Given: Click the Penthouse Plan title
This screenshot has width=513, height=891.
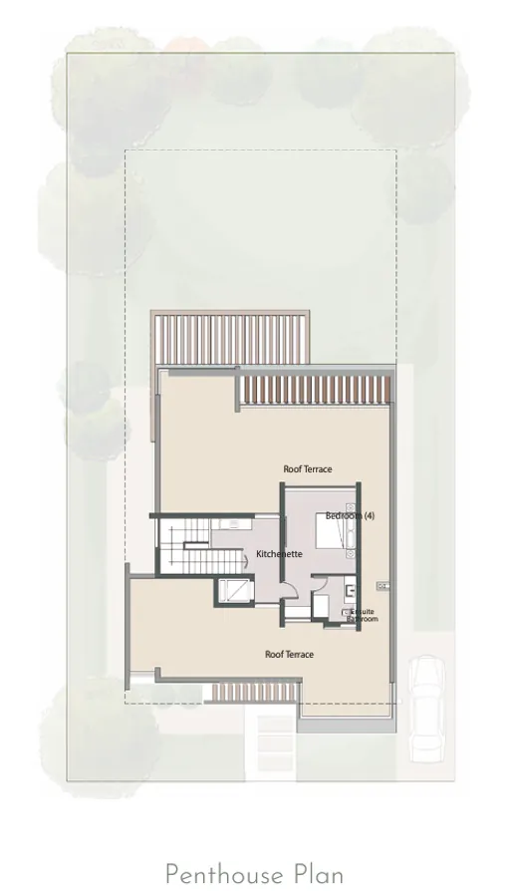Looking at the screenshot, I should click(255, 874).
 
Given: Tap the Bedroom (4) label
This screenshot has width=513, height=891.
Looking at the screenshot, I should click(350, 515).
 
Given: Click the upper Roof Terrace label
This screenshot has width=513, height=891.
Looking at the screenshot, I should click(308, 468).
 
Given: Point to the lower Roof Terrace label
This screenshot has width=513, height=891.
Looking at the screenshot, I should click(289, 654).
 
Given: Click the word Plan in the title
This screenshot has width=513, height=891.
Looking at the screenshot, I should click(318, 874).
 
